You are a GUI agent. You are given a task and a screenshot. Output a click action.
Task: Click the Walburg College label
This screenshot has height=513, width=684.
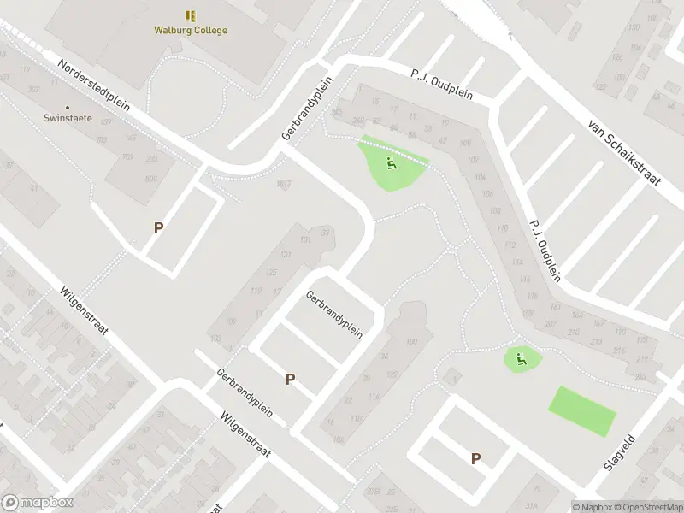(191, 31)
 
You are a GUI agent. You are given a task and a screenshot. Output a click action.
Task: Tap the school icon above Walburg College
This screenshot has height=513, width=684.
(191, 15)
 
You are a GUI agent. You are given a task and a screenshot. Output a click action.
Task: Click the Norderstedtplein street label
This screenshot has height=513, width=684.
(94, 85)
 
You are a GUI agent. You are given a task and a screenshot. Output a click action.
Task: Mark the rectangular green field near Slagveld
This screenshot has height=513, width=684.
(581, 412)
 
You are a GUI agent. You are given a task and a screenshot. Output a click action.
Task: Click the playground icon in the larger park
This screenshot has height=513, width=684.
(392, 162)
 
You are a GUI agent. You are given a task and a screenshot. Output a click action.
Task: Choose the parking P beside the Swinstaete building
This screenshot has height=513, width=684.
(158, 227)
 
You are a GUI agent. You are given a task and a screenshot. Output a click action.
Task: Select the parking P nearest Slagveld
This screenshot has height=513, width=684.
(475, 459)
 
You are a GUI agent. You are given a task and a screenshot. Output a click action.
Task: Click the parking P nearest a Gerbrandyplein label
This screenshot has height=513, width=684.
(291, 379)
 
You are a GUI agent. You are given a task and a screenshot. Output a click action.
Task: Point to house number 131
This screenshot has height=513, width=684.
(286, 255)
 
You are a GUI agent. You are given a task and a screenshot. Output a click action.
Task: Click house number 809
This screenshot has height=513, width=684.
(151, 178)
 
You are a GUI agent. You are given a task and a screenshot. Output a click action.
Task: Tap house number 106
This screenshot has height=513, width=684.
(488, 194)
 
